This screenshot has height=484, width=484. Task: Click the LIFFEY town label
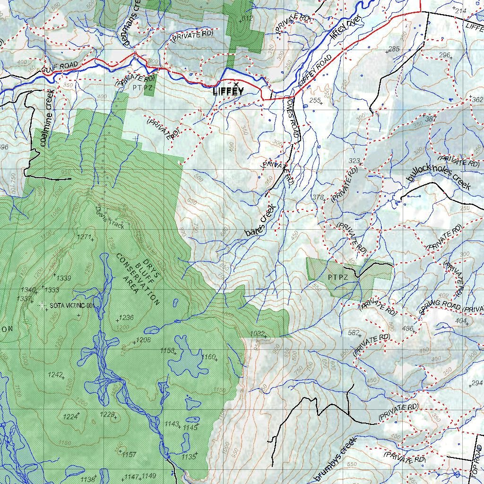[228, 92]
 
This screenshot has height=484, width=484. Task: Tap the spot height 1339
[63, 278]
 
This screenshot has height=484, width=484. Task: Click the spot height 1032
[257, 334]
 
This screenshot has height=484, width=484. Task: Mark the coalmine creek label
[48, 117]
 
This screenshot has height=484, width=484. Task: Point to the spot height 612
[247, 18]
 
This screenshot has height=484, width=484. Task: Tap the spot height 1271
[83, 237]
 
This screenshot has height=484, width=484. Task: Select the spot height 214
[460, 10]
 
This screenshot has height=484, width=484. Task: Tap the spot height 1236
[127, 318]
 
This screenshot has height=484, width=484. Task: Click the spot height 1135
[188, 457]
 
